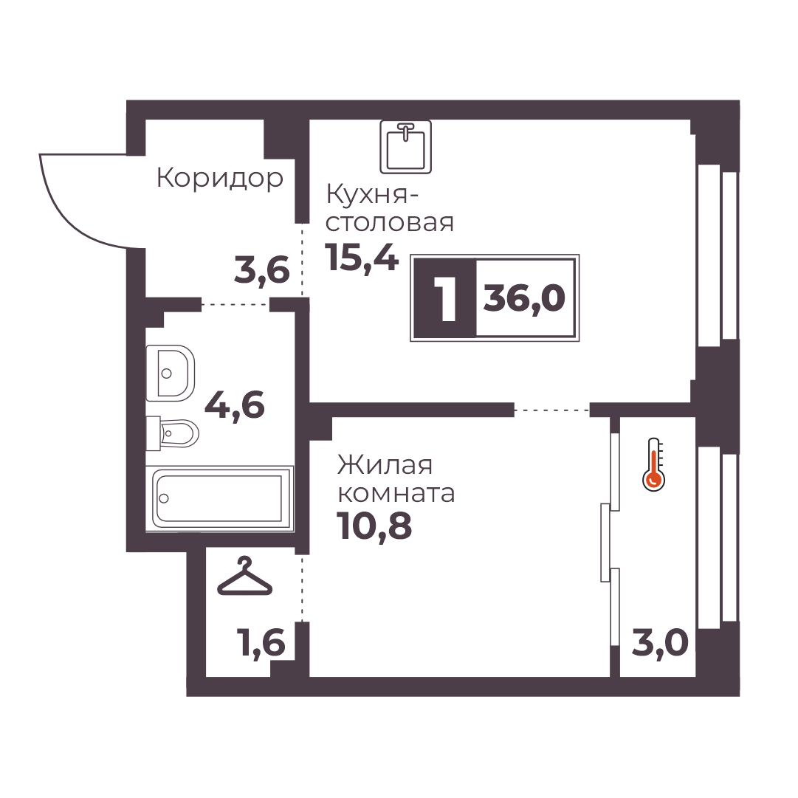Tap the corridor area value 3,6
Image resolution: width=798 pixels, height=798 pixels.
click(x=261, y=270)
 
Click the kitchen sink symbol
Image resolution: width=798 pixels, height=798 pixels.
click(x=405, y=147)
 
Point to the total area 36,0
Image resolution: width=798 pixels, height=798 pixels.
click(x=524, y=297)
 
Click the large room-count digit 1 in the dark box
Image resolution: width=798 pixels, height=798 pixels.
click(x=447, y=297)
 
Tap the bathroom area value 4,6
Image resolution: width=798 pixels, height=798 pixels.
click(x=235, y=405)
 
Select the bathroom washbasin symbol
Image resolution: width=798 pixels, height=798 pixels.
click(x=170, y=373)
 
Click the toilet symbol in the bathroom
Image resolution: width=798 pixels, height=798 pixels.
click(x=172, y=433)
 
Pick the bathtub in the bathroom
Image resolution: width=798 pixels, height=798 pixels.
click(x=219, y=498)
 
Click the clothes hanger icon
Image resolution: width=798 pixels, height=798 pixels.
click(x=244, y=576)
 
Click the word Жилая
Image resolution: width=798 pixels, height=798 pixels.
click(x=385, y=465)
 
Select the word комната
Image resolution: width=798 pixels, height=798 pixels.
click(x=396, y=494)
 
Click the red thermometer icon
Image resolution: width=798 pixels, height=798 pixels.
click(x=653, y=464)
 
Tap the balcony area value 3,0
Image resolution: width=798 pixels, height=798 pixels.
click(x=660, y=643)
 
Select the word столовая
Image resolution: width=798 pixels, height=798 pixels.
click(x=389, y=223)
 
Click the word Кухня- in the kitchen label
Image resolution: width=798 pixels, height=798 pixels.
click(x=368, y=194)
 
